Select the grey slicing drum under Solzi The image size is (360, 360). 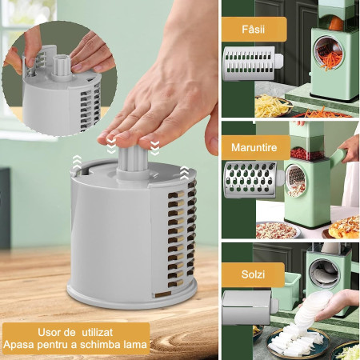coord(246,307)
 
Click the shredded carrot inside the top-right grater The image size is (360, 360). coord(329,54)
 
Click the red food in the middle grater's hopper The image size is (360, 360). coord(308,153)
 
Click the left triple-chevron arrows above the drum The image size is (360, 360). coord(76,162)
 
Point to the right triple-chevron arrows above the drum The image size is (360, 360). coord(184,171)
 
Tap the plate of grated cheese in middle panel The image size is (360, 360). coord(276,230)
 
